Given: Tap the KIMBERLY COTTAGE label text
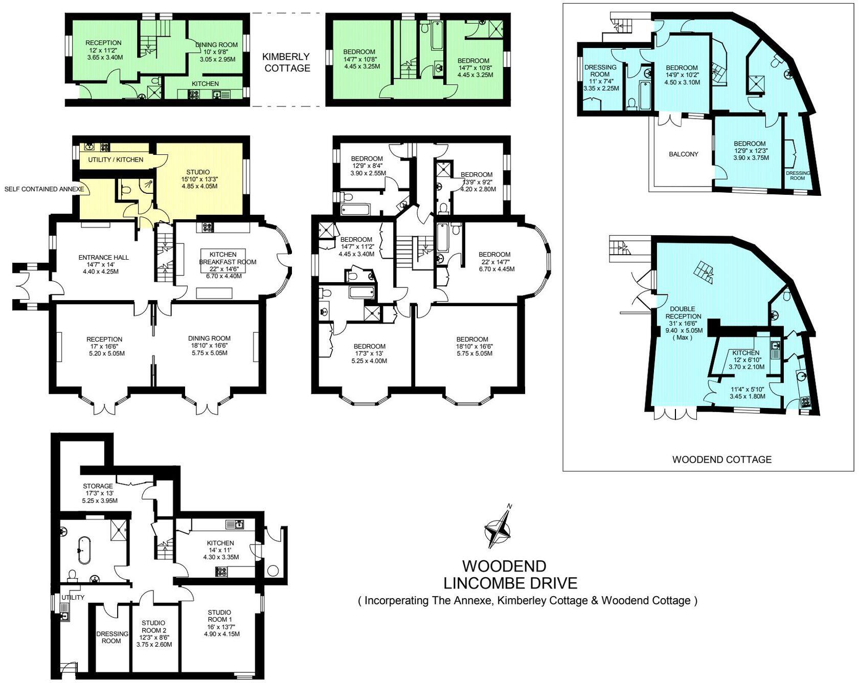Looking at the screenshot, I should click(287, 62).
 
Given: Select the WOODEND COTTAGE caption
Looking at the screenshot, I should click(721, 459).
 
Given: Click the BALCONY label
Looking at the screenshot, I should click(683, 154).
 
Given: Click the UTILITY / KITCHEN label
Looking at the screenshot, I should click(116, 160).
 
